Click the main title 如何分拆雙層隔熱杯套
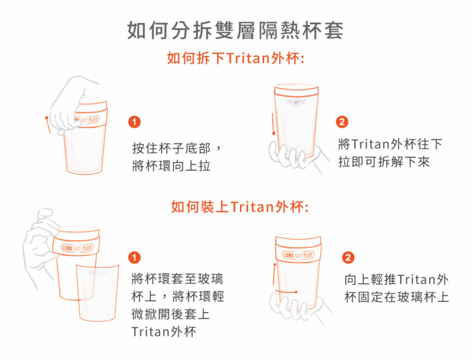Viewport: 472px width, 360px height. coord(235,30)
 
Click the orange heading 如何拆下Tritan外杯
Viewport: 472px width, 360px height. coord(236,58)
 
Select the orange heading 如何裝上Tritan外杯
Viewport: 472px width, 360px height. coord(240,207)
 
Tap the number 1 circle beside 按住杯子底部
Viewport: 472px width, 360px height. coord(134,122)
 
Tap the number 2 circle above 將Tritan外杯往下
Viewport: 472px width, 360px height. coord(342,122)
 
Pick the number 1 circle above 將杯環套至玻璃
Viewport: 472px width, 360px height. coord(134,258)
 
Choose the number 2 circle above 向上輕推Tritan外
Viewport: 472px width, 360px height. coord(348,258)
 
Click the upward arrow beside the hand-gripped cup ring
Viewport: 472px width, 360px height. coord(47,124)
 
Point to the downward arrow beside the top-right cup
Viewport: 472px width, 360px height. coord(273,124)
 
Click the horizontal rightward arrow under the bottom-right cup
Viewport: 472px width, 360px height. coord(287,292)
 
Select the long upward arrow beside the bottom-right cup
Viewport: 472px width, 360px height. coord(274,274)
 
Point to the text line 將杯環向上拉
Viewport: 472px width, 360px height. coord(171,166)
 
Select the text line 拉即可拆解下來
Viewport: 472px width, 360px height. coord(384,162)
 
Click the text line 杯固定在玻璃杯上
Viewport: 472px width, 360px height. coord(397,297)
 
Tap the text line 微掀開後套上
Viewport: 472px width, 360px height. coord(171,314)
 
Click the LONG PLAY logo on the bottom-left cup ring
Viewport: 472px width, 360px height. coord(77,248)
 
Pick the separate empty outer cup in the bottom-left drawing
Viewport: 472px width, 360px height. coord(97,292)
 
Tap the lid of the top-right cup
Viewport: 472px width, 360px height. coord(296,89)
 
